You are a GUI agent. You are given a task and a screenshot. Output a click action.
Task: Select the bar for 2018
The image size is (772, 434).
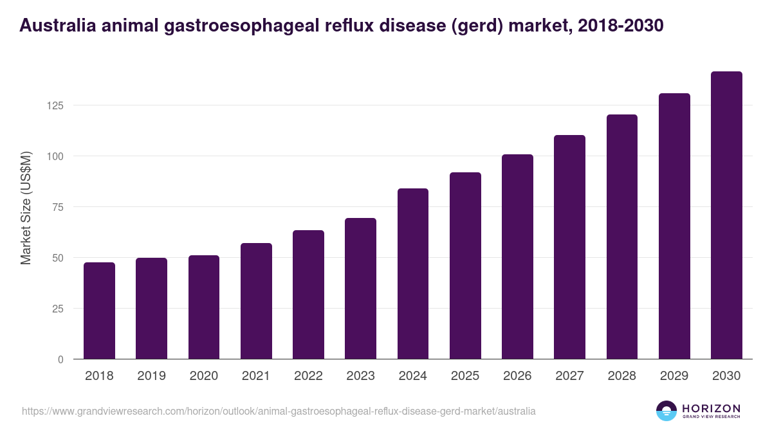pos(99,311)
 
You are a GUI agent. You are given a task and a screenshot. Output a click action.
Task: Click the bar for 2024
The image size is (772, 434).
pos(412,274)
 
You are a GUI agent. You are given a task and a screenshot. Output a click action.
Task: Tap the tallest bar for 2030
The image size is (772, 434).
pos(726,215)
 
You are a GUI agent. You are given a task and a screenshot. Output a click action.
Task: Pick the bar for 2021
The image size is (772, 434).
pos(256,301)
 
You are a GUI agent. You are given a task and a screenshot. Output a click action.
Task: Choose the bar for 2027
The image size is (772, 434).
pos(569,247)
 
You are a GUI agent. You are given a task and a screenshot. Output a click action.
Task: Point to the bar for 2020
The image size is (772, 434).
pos(204,307)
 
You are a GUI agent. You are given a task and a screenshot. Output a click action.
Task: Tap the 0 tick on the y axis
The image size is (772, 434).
pos(60,359)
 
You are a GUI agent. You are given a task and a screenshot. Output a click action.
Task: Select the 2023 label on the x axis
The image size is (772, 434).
pos(360,376)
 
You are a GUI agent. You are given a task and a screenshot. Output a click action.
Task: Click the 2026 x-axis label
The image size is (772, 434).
pos(517,376)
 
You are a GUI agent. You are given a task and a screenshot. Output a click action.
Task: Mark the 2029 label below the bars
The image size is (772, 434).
pos(674,376)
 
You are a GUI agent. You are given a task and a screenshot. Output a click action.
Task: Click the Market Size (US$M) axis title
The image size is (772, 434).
pos(26,207)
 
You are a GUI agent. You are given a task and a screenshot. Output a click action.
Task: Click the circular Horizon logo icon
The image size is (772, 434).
pos(666,411)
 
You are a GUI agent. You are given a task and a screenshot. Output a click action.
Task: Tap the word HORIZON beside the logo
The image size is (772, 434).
pos(711,408)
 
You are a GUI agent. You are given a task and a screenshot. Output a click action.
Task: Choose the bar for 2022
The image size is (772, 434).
pos(308,294)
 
